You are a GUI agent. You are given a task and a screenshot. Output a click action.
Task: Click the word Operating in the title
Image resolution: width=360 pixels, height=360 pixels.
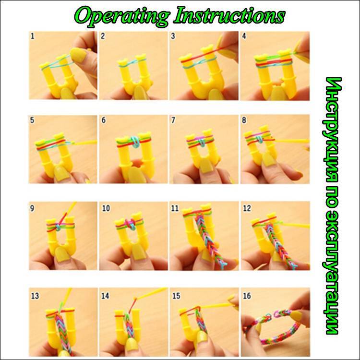coord(122,16)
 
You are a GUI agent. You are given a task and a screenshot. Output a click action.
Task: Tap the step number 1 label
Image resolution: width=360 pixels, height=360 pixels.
coord(32,36)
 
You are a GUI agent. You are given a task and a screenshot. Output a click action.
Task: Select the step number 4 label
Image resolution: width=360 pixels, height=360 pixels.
coord(244,36)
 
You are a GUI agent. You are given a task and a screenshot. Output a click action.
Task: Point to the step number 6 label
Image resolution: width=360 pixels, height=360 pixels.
coord(104,120)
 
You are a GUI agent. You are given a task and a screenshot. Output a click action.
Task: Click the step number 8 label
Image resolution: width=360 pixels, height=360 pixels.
coord(244,120)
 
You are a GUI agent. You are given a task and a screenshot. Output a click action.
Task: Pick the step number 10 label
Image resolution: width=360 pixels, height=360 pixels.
coord(106,208)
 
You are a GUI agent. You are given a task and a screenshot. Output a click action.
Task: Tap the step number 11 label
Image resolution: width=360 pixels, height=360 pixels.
coord(175,208)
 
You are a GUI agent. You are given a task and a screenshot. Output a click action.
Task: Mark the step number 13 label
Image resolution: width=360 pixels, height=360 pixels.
coord(35,296)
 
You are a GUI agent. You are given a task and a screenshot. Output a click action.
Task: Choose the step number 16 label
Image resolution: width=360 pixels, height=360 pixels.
coord(247,296)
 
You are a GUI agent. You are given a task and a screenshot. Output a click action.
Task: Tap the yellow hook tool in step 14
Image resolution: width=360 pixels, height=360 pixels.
coord(150,294)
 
